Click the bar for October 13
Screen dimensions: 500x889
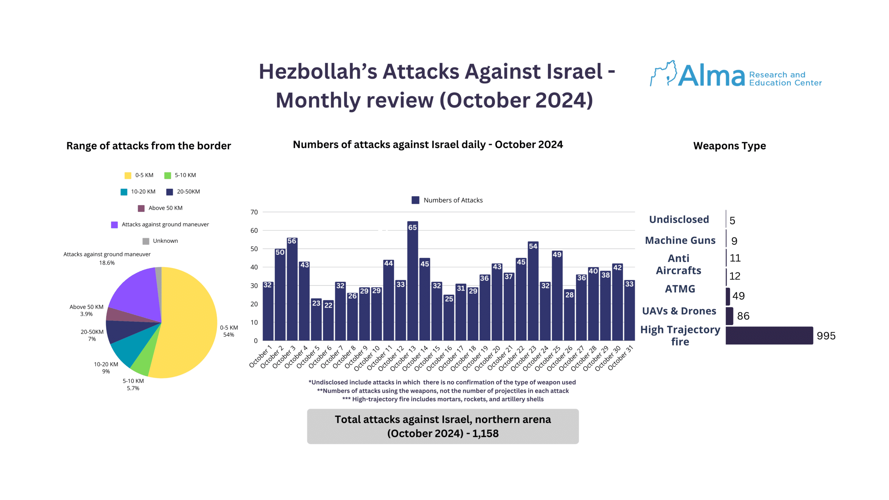tap(412, 281)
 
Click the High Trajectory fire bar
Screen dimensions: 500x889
tap(769, 335)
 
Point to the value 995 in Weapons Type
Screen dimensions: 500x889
tap(826, 336)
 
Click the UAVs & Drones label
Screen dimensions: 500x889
tap(679, 311)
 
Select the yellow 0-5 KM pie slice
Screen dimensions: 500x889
tap(188, 323)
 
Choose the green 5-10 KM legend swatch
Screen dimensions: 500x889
tap(168, 175)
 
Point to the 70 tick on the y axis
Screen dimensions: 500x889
tap(254, 212)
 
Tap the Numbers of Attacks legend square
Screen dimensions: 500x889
tap(415, 200)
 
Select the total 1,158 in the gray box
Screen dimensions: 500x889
tap(485, 433)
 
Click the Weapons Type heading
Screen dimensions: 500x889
tap(729, 146)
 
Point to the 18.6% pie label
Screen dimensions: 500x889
tap(107, 263)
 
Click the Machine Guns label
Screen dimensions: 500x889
tap(680, 240)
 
